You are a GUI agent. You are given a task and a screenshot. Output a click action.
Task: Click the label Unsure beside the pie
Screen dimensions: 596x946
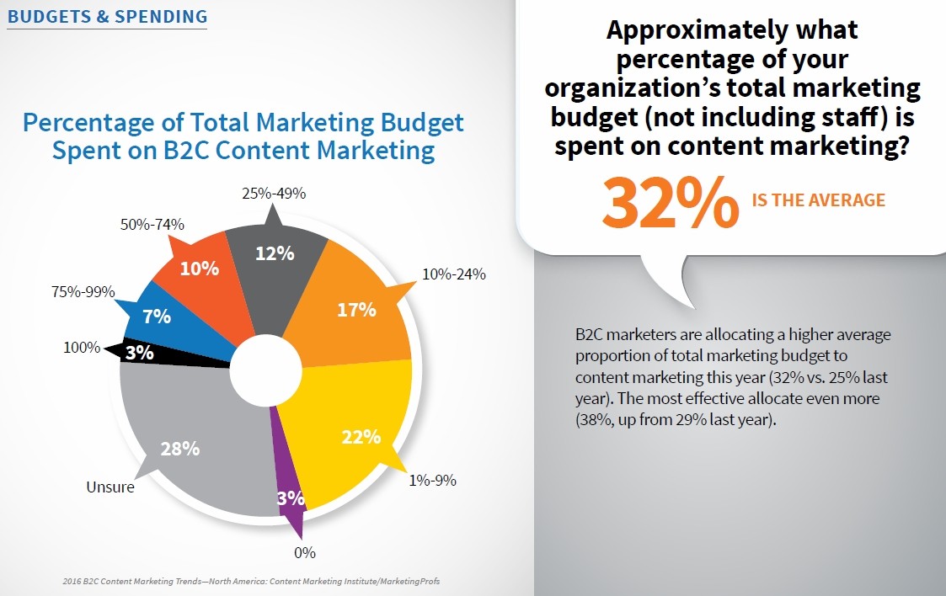tap(110, 487)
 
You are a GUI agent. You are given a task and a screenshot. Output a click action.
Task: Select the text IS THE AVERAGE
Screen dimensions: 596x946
tap(818, 200)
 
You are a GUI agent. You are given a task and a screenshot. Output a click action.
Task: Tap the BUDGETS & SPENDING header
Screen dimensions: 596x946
tap(107, 16)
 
